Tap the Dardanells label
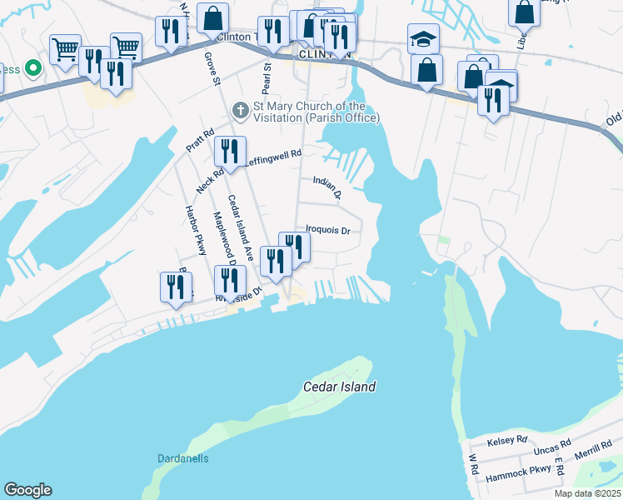tap(182, 458)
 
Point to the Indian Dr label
tap(327, 188)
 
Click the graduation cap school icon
tap(423, 38)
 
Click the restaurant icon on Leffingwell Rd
tap(230, 151)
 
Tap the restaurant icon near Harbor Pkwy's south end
tap(176, 286)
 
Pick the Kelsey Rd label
tap(510, 439)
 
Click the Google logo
tap(27, 490)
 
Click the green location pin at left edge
tap(33, 67)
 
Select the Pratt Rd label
tap(200, 138)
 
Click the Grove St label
tap(213, 69)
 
